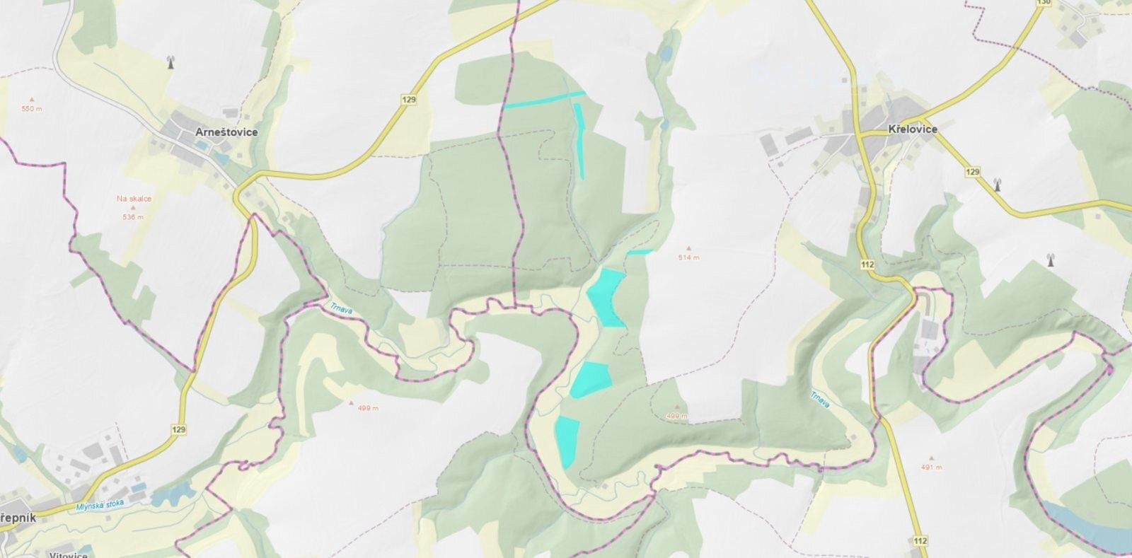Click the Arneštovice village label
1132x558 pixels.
click(226, 132)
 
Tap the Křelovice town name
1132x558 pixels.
click(912, 129)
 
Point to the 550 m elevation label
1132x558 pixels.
click(32, 109)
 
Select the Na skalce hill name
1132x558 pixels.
click(134, 199)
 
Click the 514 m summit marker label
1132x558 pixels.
click(688, 257)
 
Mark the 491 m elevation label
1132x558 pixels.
click(932, 467)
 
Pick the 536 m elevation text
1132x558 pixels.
click(132, 216)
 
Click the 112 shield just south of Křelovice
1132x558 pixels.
click(868, 265)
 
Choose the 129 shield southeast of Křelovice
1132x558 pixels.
click(972, 173)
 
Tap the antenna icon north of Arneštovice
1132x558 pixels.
click(170, 62)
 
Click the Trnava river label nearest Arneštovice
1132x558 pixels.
click(341, 308)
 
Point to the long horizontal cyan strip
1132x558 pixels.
click(543, 100)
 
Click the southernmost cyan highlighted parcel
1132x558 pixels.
click(567, 440)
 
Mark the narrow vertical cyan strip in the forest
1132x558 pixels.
click(580, 140)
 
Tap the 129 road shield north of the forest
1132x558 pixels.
click(408, 100)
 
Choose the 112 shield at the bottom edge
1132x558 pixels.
click(920, 541)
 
